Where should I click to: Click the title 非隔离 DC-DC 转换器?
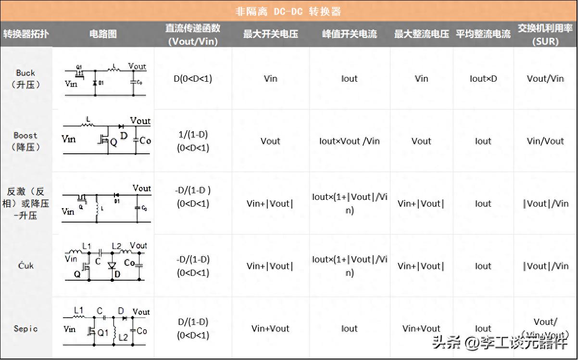click(x=289, y=11)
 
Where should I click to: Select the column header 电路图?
click(x=103, y=34)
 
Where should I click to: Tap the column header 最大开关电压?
click(x=271, y=34)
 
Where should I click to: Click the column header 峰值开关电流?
click(x=350, y=34)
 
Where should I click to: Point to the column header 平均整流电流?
click(x=483, y=34)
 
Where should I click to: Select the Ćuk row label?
click(x=25, y=265)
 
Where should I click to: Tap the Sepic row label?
click(x=25, y=329)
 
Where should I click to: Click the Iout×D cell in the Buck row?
click(x=483, y=78)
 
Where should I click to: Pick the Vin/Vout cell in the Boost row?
click(x=545, y=141)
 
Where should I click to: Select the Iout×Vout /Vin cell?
click(x=350, y=141)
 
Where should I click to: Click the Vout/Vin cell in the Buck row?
click(x=545, y=78)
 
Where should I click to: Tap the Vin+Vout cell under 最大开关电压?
click(x=271, y=329)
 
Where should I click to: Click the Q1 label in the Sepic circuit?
click(x=103, y=332)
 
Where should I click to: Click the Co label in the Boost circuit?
click(x=145, y=140)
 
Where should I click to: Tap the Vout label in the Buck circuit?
click(x=137, y=66)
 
